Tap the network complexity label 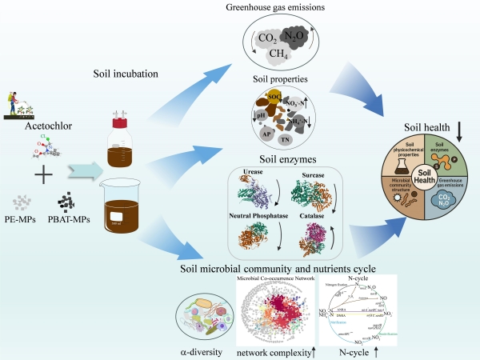270,351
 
